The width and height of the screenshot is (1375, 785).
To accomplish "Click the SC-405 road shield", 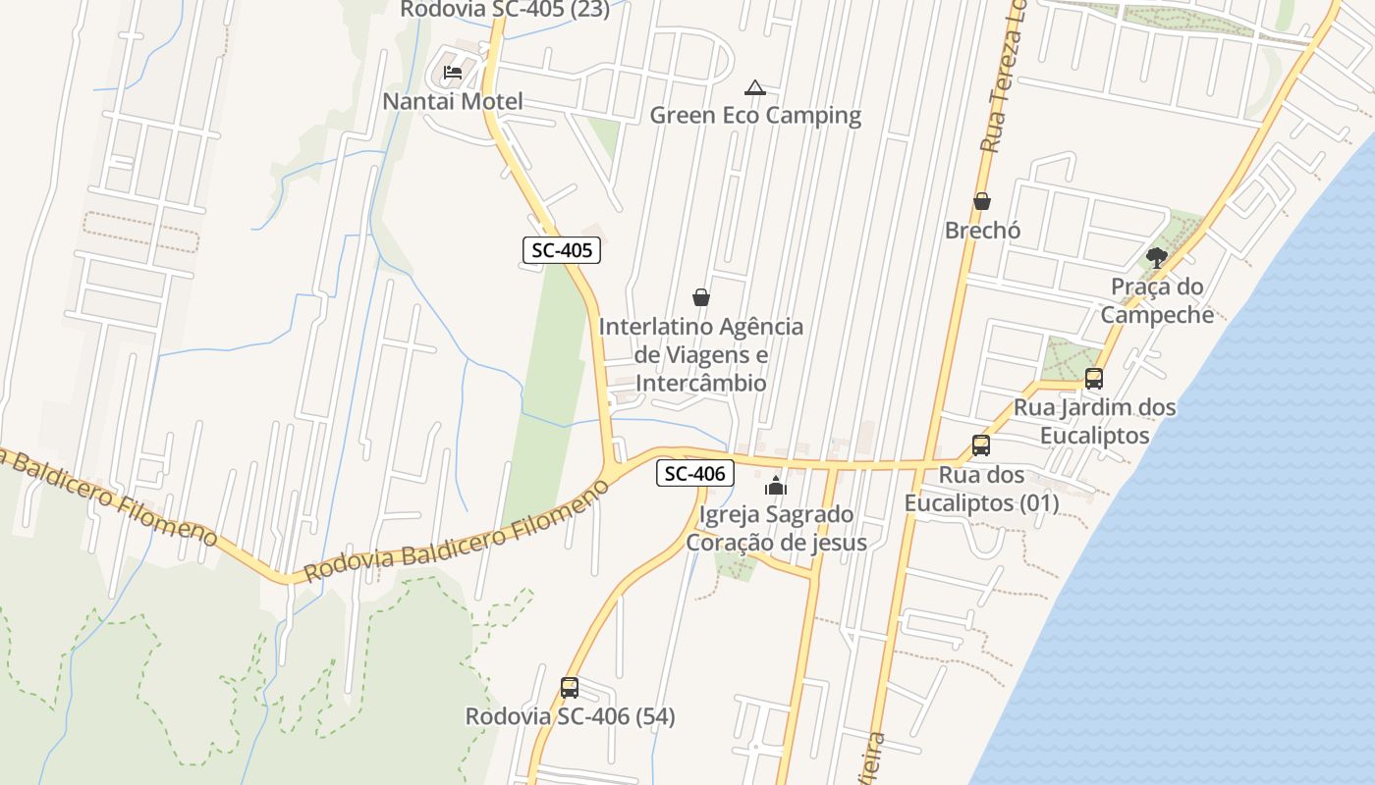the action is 561,250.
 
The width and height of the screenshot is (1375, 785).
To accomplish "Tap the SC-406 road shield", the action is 695,474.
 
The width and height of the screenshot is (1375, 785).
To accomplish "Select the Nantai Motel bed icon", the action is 453,72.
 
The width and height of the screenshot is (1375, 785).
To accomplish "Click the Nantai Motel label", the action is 453,101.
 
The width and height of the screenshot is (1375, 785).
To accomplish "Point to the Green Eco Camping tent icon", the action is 754,87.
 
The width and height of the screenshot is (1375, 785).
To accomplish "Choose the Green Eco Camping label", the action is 755,116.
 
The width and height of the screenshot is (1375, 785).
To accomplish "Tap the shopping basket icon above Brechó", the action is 981,201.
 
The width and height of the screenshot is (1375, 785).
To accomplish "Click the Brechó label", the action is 982,231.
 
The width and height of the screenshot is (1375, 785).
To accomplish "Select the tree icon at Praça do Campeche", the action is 1157,258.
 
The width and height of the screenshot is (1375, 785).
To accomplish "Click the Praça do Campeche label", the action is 1157,300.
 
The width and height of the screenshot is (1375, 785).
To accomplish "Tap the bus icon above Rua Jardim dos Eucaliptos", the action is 1093,378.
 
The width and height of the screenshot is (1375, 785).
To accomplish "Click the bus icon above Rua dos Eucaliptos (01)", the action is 980,445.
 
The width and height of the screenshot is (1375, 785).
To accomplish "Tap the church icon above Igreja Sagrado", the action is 776,486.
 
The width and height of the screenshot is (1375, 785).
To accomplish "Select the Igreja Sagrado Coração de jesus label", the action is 776,528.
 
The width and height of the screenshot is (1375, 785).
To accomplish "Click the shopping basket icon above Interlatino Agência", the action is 701,296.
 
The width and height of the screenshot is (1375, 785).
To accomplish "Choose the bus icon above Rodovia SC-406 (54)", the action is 570,688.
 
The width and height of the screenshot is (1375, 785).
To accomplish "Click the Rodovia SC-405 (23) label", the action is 505,10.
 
